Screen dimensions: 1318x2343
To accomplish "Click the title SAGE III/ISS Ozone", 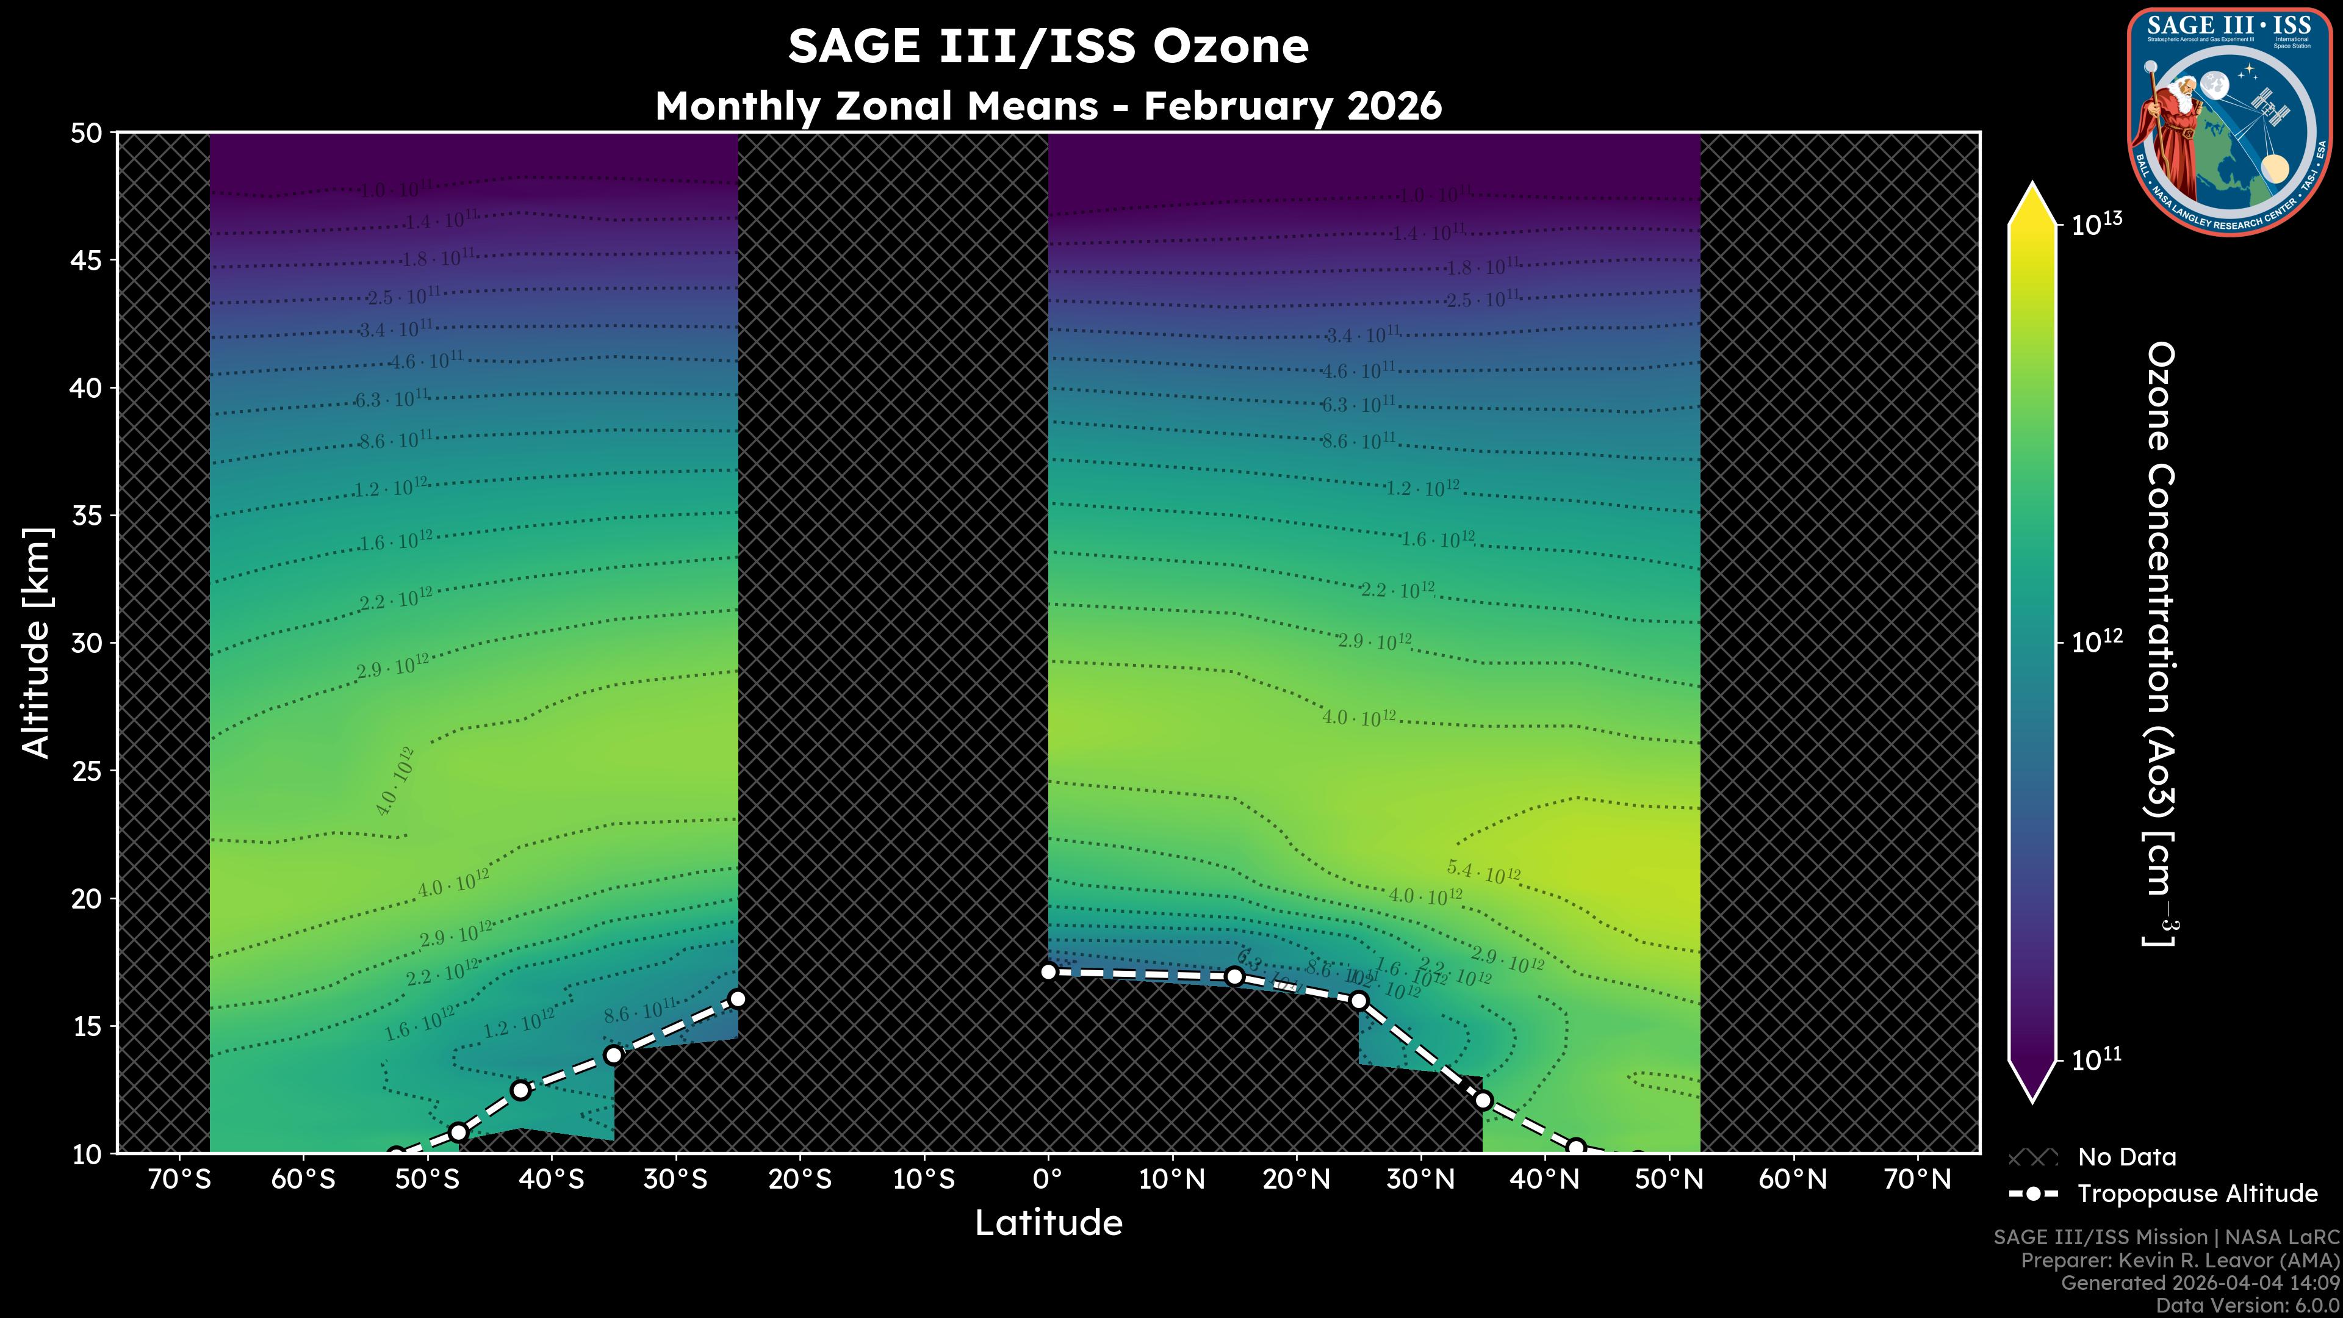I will coord(1048,46).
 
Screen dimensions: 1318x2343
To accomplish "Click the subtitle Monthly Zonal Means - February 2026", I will coord(1048,106).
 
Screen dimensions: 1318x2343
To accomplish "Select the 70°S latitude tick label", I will coord(179,1179).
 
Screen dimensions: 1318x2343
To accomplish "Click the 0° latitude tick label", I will coord(1048,1179).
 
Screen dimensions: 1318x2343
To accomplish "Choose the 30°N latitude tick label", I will coord(1420,1179).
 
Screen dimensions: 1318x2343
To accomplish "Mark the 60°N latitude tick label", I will coord(1793,1179).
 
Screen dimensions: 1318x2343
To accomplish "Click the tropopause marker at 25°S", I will coord(738,999).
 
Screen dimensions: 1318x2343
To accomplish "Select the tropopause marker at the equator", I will coord(1048,971).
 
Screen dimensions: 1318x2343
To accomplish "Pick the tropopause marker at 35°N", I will coord(1483,1101).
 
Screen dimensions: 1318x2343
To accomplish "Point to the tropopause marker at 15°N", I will coord(1234,976).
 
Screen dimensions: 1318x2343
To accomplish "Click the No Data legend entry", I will coord(2126,1157).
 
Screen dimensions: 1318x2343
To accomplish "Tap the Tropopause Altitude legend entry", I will coord(2197,1194).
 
